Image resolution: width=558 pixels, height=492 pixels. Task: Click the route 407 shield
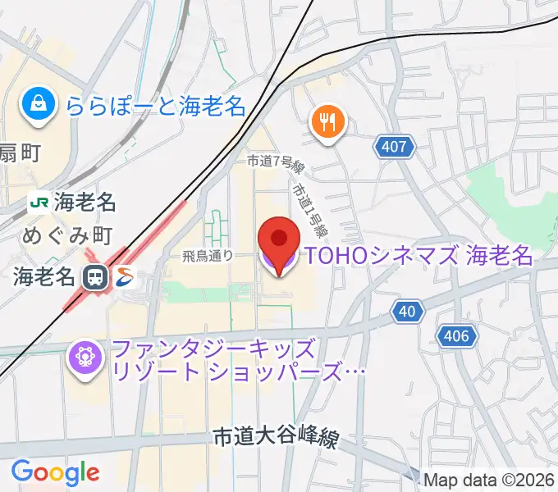pos(394,148)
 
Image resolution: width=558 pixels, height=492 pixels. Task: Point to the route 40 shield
pos(409,311)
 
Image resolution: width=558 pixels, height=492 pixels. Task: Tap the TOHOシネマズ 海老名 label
pos(419,256)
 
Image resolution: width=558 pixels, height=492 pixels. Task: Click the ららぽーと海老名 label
pos(158,105)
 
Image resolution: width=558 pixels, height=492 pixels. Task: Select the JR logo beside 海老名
pos(38,201)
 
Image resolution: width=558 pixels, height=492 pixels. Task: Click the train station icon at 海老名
pos(96,277)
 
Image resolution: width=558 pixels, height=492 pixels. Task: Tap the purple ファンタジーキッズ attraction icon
pos(85,358)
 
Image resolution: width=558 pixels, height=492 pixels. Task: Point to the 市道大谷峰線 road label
pos(274,438)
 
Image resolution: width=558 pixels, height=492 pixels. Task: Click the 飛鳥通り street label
pos(208,256)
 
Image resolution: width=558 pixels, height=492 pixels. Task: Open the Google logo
pos(55,471)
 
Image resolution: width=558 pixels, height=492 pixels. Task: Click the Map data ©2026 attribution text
pos(489,480)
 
